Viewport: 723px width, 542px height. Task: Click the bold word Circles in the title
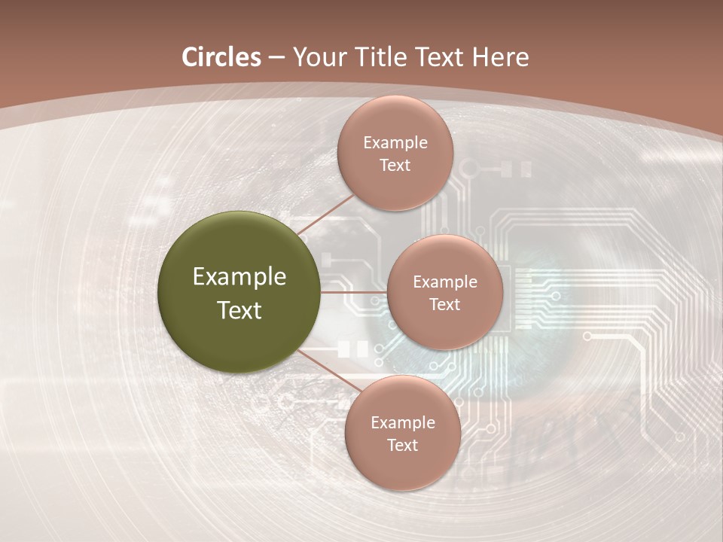pyautogui.click(x=221, y=57)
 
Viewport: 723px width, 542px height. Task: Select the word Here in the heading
pyautogui.click(x=500, y=57)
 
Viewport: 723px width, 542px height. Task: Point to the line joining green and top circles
pyautogui.click(x=325, y=214)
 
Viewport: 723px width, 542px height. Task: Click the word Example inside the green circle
pyautogui.click(x=239, y=277)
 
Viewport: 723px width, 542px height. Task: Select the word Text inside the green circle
pyautogui.click(x=239, y=310)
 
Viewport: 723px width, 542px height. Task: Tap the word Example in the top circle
pyautogui.click(x=395, y=143)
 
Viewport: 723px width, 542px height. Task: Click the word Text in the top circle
pyautogui.click(x=395, y=165)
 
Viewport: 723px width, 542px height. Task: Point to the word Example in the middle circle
pyautogui.click(x=445, y=282)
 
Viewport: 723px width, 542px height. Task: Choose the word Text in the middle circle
pyautogui.click(x=444, y=304)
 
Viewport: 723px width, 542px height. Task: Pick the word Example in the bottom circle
pyautogui.click(x=403, y=423)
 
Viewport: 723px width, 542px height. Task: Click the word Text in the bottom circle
pyautogui.click(x=402, y=445)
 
